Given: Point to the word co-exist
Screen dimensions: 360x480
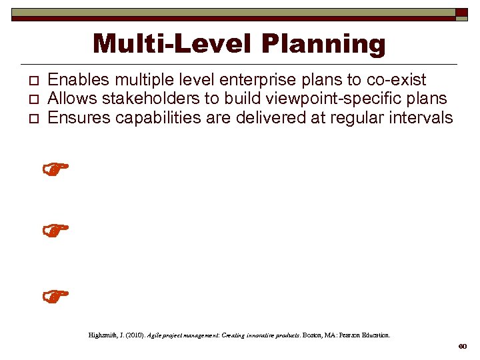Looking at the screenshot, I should (396, 80).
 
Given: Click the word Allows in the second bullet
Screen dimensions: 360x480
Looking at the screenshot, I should (71, 99).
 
